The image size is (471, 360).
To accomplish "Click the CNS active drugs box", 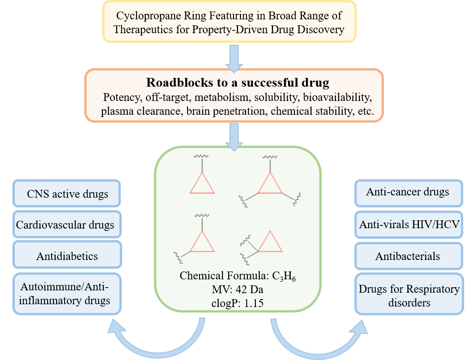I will click(67, 193).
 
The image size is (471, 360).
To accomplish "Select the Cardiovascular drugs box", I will click(67, 225).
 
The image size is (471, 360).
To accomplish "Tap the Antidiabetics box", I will click(67, 256).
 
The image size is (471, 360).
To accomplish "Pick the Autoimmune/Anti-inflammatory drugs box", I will click(67, 294).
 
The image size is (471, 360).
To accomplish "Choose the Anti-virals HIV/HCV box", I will click(409, 224).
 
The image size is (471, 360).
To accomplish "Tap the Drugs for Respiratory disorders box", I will click(409, 296).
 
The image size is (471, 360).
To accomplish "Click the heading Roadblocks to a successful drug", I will click(238, 83).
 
